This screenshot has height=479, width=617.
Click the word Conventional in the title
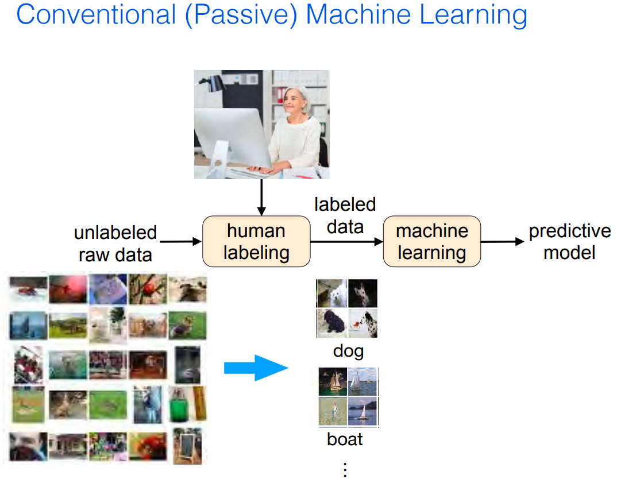pos(96,14)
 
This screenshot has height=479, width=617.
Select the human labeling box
pos(256,241)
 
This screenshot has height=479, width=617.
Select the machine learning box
pos(431,241)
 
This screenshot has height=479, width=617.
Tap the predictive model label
pos(569,241)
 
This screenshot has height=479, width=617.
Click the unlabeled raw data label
pos(115,244)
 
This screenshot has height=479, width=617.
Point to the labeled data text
pos(345,215)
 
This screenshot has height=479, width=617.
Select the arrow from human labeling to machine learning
pos(346,241)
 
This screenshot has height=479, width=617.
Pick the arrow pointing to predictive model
pos(503,241)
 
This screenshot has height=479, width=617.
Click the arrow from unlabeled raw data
pos(181,241)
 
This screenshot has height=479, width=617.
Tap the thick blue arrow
pos(256,368)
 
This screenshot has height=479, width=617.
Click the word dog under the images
pos(348,351)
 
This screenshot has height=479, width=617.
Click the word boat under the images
pos(345,439)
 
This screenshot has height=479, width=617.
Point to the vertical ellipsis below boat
pos(345,470)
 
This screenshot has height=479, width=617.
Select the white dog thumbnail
pos(331,293)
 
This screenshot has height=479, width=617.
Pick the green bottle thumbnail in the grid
pos(179,405)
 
